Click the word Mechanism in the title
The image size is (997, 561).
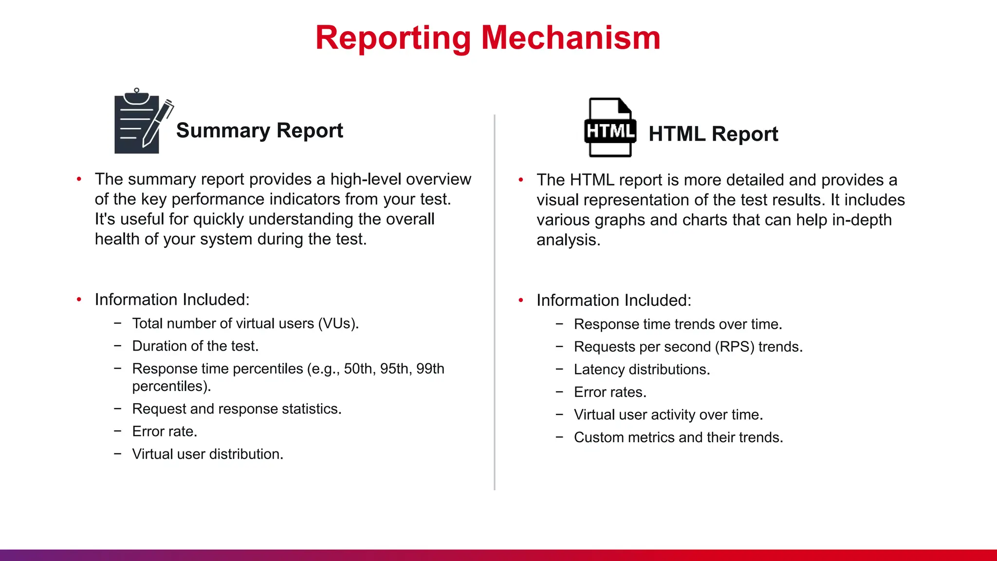point(571,38)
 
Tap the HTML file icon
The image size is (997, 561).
point(610,128)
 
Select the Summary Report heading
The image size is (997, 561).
point(259,131)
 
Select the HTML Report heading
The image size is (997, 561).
point(713,134)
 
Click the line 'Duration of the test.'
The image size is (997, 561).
point(195,346)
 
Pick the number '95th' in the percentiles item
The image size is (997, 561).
point(394,369)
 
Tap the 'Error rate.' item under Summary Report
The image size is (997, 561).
point(165,431)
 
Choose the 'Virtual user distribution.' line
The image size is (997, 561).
point(207,454)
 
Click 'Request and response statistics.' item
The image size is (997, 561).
point(237,409)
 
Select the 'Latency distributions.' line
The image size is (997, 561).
point(642,369)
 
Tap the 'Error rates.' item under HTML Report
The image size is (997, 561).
point(610,392)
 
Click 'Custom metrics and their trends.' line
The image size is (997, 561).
point(678,437)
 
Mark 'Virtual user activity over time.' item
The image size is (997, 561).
point(668,414)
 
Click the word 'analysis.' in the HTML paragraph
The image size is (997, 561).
point(568,240)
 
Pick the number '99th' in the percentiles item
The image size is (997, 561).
point(430,369)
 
